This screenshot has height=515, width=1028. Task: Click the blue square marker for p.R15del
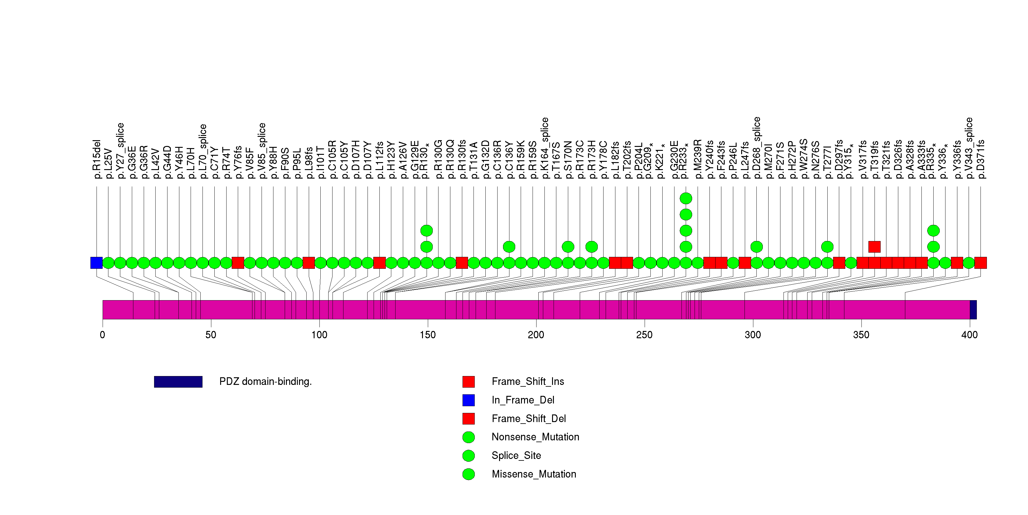pyautogui.click(x=97, y=263)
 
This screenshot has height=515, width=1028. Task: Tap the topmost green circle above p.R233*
pyautogui.click(x=686, y=198)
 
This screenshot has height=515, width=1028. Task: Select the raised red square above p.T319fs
pyautogui.click(x=874, y=247)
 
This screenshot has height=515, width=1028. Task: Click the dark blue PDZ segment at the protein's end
pyautogui.click(x=973, y=310)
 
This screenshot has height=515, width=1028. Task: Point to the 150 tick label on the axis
pyautogui.click(x=428, y=335)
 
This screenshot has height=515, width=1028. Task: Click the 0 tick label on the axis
pyautogui.click(x=103, y=335)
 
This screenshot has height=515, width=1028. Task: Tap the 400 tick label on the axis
pyautogui.click(x=969, y=335)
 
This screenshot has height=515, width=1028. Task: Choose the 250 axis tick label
pyautogui.click(x=644, y=335)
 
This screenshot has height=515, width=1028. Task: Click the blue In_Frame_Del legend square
pyautogui.click(x=469, y=400)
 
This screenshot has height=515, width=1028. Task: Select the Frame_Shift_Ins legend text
pyautogui.click(x=528, y=382)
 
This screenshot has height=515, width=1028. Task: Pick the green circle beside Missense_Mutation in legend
pyautogui.click(x=469, y=474)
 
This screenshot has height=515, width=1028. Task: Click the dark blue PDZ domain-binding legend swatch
pyautogui.click(x=178, y=382)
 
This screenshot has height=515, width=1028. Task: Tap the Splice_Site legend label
pyautogui.click(x=516, y=456)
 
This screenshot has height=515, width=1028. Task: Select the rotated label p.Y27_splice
pyautogui.click(x=120, y=151)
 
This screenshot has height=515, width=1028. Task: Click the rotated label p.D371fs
pyautogui.click(x=980, y=159)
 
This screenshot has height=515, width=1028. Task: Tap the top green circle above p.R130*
pyautogui.click(x=427, y=231)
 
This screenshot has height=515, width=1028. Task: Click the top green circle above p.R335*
pyautogui.click(x=933, y=231)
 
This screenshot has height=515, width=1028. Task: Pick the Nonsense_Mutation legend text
pyautogui.click(x=535, y=437)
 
